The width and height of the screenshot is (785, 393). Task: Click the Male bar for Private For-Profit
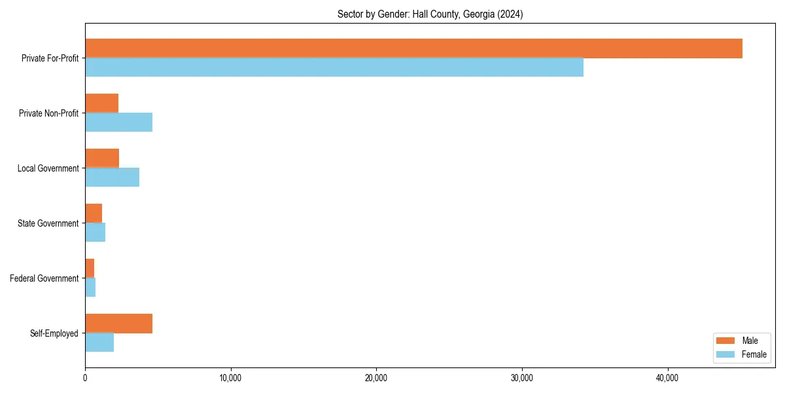coord(413,48)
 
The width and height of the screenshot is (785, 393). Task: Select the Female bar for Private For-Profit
coord(334,67)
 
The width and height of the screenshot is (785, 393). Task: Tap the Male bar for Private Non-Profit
coord(101,103)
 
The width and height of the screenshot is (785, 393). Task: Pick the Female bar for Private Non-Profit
coord(118,122)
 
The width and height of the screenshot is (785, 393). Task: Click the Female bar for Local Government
coord(112,178)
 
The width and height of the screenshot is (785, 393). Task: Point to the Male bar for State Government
coord(94,214)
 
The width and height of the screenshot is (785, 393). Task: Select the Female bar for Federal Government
coord(90,288)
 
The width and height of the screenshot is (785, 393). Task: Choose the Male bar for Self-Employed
coord(118,324)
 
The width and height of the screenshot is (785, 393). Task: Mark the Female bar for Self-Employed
coord(99,343)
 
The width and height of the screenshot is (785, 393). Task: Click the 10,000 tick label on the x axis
coord(231,378)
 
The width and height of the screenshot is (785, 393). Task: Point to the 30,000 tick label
coord(522,378)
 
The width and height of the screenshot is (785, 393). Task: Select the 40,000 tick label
coord(667,378)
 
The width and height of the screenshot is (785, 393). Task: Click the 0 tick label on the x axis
coord(85,378)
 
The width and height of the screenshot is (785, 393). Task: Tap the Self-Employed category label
coord(54,333)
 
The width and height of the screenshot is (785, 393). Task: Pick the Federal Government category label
coord(44,278)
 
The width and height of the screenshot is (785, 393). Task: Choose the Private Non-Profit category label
coord(48,113)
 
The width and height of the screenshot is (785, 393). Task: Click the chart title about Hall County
coord(430,14)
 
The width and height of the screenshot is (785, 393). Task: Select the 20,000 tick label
coord(376,378)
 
